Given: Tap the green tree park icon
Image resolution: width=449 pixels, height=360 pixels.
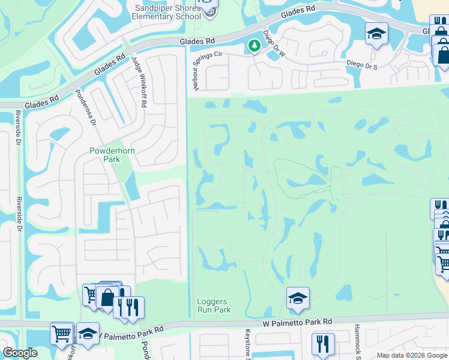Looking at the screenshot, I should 255,46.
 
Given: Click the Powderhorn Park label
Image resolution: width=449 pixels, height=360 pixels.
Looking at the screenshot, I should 104,155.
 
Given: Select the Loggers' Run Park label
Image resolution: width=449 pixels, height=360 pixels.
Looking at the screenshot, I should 214,305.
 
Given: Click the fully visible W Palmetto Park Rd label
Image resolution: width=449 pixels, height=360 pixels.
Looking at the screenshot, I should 297,322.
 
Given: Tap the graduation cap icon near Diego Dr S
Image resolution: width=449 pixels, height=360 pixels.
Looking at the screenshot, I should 376,34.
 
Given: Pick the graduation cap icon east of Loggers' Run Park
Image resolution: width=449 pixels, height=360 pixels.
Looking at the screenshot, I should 298,298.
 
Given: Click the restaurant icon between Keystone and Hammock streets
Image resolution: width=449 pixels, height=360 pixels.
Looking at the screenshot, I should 323,344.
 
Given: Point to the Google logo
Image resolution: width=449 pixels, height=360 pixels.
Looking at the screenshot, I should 20,353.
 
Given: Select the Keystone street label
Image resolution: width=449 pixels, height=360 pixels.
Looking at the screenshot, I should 247,344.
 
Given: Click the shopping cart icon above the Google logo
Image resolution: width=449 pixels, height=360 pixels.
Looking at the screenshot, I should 62,334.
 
